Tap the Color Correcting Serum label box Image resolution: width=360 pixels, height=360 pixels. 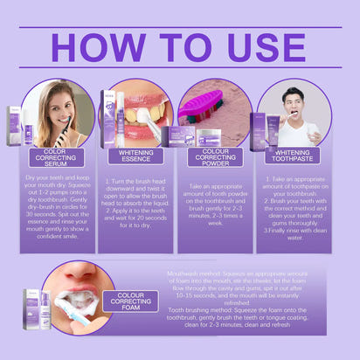coord(56,157)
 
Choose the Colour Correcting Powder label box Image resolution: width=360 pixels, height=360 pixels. coord(215,157)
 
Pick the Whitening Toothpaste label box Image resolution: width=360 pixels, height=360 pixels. coord(294,157)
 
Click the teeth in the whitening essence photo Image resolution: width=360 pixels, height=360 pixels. coord(142,114)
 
